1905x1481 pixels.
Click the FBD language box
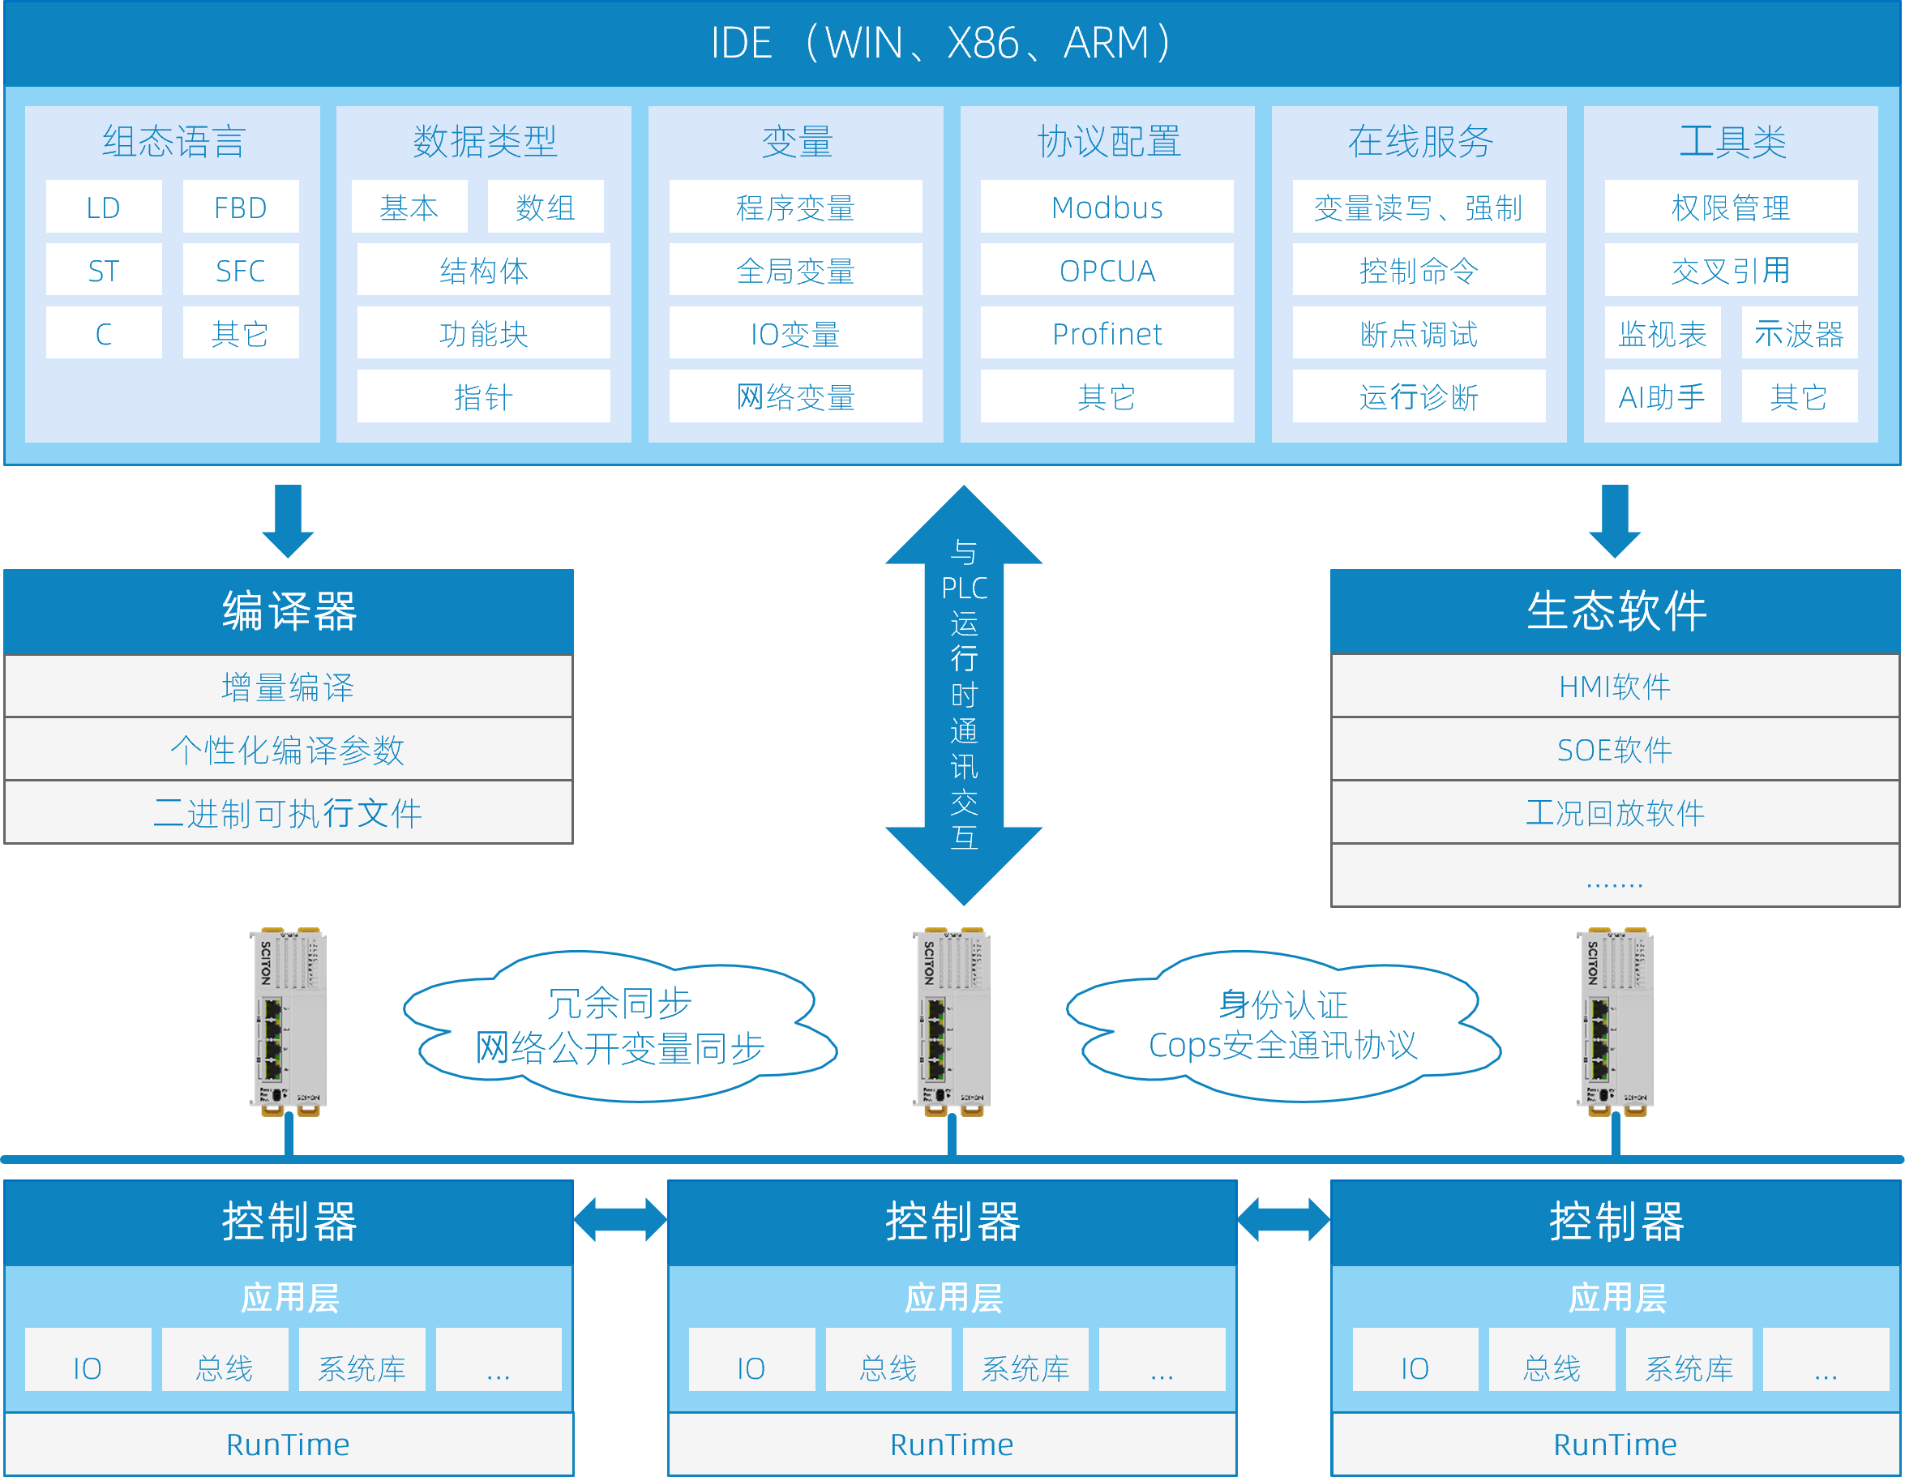point(241,207)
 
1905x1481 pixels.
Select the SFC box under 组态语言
point(241,271)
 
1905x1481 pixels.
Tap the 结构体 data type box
point(483,271)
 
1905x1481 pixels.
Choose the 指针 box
point(483,397)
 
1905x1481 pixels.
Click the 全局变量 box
point(795,271)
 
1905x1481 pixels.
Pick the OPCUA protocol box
point(1107,271)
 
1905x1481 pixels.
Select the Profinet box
point(1107,333)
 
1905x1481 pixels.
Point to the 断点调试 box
point(1419,333)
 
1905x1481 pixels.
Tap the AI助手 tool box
point(1662,397)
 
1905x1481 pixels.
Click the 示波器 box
point(1799,333)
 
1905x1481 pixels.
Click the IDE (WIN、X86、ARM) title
point(942,43)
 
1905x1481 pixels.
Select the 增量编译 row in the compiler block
point(288,687)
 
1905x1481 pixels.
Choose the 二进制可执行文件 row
point(288,813)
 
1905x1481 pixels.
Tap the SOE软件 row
point(1615,750)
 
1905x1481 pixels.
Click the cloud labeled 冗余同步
point(619,1025)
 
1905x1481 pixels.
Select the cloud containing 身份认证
point(1283,1025)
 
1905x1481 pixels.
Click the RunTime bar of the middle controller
point(952,1445)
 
